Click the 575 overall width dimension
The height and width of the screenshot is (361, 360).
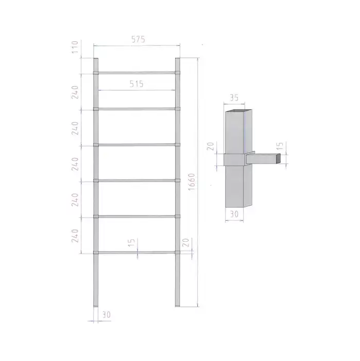point(138,39)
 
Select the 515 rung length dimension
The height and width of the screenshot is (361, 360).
point(136,84)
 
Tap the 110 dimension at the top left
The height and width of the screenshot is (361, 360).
point(75,47)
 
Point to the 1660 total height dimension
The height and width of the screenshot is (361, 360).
point(192,182)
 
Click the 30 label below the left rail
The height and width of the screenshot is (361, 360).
point(106,315)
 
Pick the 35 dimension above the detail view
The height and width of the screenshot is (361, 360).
point(234,98)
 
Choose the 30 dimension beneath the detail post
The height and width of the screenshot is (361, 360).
point(234,214)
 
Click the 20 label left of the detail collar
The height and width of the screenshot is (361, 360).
point(210,146)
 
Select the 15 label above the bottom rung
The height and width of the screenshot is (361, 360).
point(131,243)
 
